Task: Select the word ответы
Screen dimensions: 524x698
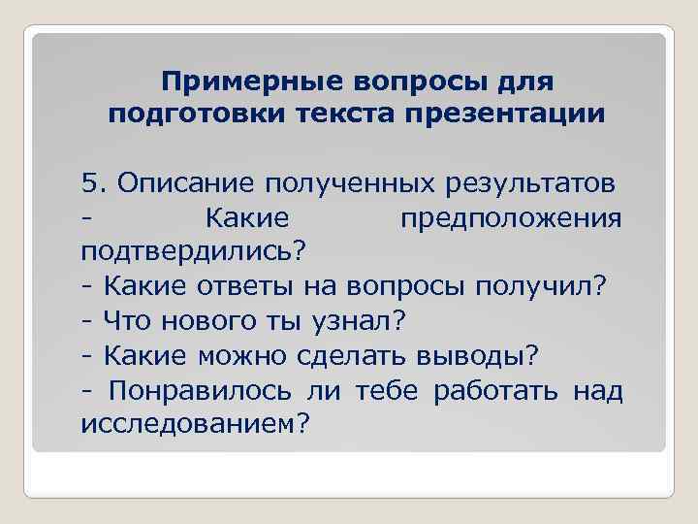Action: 244,286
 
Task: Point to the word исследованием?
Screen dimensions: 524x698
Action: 192,425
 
